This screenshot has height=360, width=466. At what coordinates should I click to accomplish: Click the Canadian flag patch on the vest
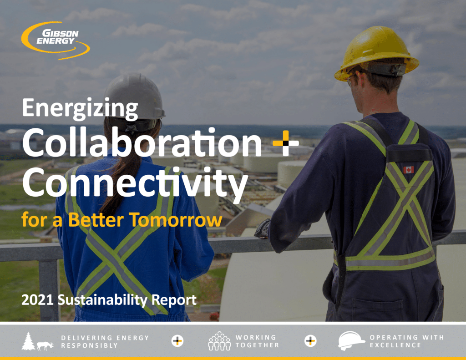(408, 170)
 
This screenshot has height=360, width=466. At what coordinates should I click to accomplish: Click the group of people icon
(219, 341)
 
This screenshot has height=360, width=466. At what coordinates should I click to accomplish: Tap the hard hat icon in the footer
(351, 341)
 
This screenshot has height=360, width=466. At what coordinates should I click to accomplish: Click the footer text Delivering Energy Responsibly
(105, 341)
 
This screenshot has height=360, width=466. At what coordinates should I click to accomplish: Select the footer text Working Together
(257, 341)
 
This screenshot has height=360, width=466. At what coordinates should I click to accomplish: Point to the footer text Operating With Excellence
(406, 341)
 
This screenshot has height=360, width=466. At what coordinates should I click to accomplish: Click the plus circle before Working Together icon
(177, 341)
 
